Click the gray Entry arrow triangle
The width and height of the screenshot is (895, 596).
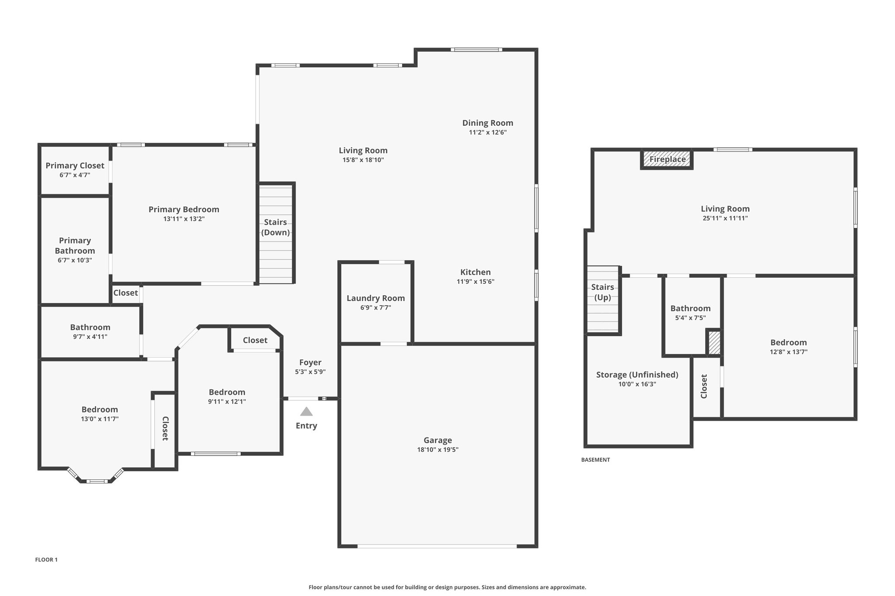pos(306,411)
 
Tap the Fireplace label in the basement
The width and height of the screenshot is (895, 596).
pos(667,159)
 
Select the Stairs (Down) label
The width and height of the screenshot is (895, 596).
pos(275,227)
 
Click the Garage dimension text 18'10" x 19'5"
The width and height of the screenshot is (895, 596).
pos(437,450)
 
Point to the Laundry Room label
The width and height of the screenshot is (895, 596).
pos(376,298)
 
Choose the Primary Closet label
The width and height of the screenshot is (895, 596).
pos(75,165)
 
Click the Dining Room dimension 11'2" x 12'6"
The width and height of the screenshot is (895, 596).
pos(488,132)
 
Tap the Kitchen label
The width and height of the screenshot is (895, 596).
pos(475,272)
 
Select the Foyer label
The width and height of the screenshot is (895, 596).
pos(310,362)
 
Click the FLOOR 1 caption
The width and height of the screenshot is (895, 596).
pos(46,560)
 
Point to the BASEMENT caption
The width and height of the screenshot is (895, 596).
pos(595,460)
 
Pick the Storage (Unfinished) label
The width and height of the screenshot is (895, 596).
pos(637,375)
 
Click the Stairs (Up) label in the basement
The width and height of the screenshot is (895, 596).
pos(603,292)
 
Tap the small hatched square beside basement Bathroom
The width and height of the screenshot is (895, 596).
pos(714,343)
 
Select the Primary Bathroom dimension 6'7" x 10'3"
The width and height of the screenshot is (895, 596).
pos(75,260)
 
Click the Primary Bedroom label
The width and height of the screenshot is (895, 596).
pos(184,210)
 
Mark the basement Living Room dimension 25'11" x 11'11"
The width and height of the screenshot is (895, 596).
pos(725,218)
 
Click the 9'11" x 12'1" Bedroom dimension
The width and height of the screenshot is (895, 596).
pos(227,402)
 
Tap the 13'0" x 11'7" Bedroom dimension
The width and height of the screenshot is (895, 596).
pos(100,419)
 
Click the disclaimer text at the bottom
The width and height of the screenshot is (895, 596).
pos(447,587)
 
